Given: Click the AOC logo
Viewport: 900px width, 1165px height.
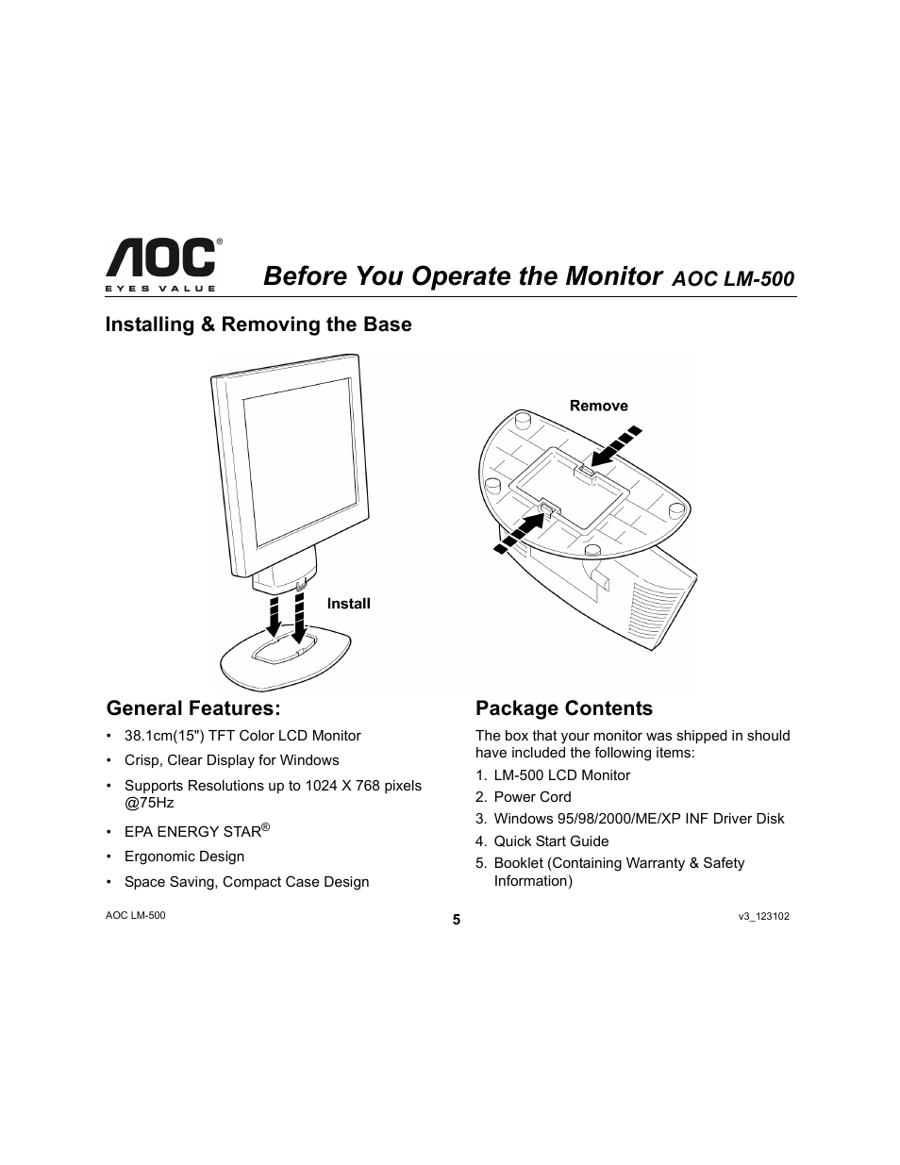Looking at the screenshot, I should point(160,262).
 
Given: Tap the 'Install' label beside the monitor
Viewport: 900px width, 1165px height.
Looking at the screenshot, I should point(348,604).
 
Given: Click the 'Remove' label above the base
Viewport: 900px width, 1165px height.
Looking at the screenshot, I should point(598,406).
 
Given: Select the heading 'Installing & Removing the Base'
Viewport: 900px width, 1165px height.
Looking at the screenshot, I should point(258,325).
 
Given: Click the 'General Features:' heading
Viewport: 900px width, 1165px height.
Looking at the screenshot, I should point(193,707).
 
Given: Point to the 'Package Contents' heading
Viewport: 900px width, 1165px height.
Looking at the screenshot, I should point(563,708).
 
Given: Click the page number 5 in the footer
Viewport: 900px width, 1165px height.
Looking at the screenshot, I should point(456,921).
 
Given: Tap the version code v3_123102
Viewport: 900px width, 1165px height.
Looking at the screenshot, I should point(763,916).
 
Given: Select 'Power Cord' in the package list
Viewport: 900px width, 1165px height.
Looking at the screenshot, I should point(532,797).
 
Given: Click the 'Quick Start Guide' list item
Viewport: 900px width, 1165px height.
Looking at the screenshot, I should point(551,841).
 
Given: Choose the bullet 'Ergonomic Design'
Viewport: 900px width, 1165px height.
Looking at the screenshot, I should point(184,857).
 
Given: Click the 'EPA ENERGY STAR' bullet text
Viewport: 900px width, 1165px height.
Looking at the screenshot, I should point(193,832).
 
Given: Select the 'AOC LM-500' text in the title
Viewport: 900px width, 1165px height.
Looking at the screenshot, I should point(733,279).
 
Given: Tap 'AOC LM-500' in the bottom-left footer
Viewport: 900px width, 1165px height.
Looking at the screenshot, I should point(135,916).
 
